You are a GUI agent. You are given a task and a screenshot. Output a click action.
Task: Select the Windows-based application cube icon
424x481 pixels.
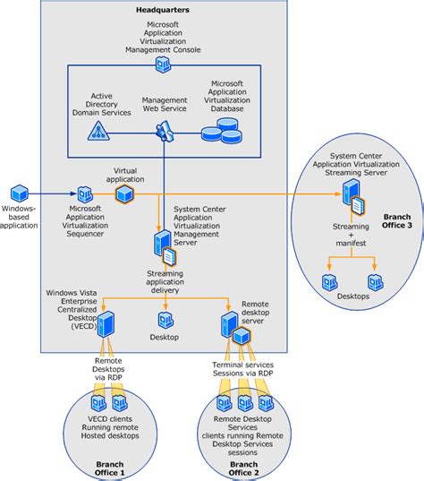pyautogui.click(x=21, y=193)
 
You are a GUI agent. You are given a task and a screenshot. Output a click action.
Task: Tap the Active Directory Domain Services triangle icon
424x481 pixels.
pyautogui.click(x=98, y=132)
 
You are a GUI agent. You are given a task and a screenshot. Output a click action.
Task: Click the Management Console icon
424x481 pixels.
pyautogui.click(x=163, y=64)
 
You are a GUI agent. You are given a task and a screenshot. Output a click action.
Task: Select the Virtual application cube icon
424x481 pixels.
pyautogui.click(x=125, y=193)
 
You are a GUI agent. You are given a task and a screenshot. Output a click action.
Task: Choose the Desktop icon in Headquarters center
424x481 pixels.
pyautogui.click(x=165, y=320)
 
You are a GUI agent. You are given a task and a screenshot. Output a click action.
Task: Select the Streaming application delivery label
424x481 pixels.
pyautogui.click(x=165, y=281)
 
